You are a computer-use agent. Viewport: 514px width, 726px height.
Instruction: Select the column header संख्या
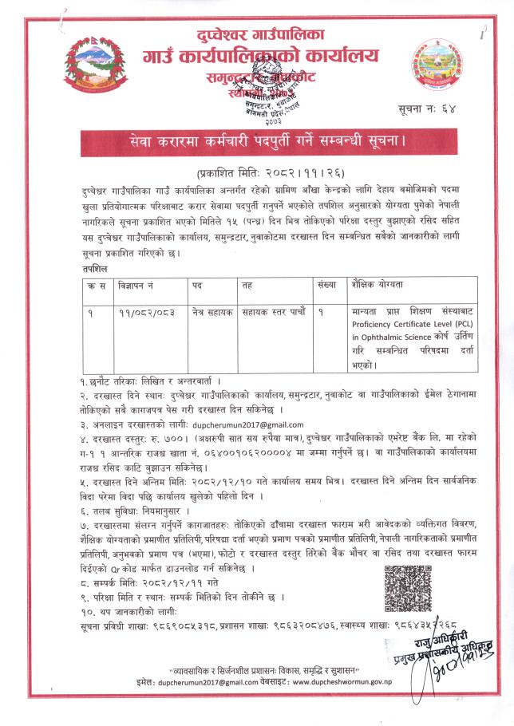click(325, 284)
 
